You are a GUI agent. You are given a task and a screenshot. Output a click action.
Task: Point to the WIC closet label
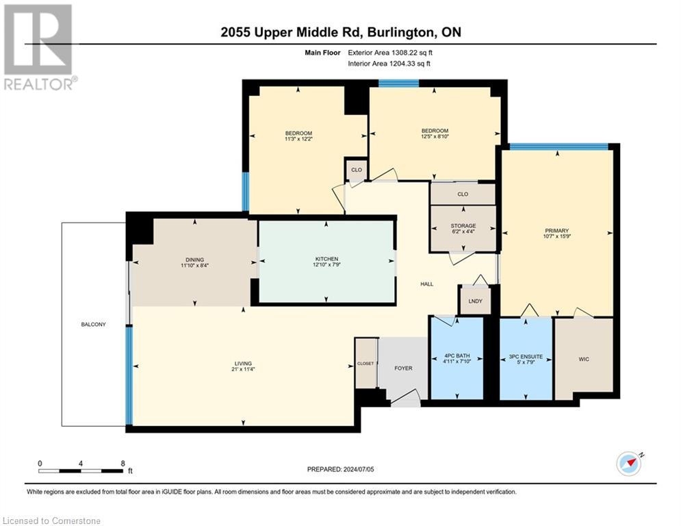583,359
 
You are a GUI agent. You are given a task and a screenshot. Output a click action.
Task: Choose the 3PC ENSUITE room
526,358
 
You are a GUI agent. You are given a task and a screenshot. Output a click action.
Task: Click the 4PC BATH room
455,358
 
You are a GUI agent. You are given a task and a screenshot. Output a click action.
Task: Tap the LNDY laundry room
475,301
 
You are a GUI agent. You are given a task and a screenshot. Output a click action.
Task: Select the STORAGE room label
463,225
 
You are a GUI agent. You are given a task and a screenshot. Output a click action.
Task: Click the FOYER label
403,368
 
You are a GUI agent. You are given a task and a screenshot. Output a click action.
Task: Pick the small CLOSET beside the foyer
365,363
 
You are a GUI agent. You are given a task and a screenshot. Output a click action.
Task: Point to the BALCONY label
92,324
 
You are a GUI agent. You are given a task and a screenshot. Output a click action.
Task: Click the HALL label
426,284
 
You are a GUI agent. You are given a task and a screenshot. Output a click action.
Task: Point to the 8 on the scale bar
123,463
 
